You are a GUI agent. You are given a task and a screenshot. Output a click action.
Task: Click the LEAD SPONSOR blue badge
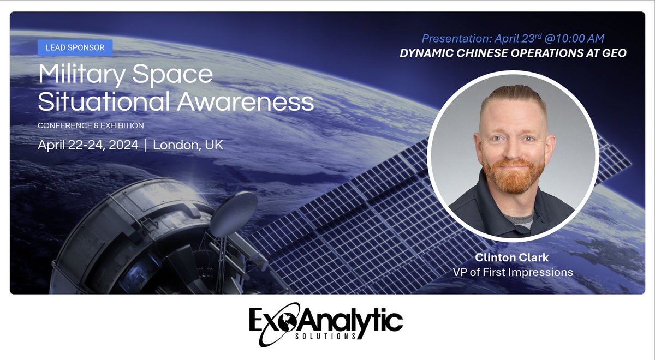[75, 47]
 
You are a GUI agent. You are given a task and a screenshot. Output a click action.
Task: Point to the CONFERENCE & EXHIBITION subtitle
[91, 125]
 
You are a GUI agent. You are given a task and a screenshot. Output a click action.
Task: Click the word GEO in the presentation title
[614, 53]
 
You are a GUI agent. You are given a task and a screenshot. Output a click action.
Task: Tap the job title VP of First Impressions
[513, 272]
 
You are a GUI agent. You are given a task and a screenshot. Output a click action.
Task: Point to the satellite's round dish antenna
[233, 213]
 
